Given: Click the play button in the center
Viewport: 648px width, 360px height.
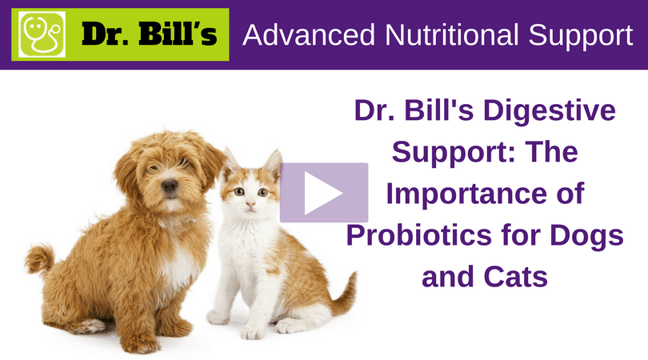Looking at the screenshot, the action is (x=324, y=193).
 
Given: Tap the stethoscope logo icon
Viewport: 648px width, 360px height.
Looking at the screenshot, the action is (x=42, y=34).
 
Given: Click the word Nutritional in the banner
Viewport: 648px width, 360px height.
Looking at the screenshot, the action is (x=451, y=34).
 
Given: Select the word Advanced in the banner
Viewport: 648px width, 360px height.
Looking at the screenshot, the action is (x=309, y=34).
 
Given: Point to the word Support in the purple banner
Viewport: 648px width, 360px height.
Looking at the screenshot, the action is (x=580, y=37).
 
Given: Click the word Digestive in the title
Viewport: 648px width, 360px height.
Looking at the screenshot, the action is (x=550, y=111).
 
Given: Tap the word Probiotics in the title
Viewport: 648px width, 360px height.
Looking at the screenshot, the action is (x=418, y=234).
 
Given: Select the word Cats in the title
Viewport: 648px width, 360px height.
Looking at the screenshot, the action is (x=516, y=277).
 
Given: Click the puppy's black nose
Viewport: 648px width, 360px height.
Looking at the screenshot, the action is (x=170, y=186).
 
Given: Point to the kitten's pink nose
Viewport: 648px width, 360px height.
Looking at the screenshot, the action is (x=250, y=204).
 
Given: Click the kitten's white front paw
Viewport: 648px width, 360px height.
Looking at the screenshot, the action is (x=252, y=331).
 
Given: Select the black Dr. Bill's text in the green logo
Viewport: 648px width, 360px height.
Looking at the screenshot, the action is (x=149, y=34).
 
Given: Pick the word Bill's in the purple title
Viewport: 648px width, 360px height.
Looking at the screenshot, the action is (x=439, y=110).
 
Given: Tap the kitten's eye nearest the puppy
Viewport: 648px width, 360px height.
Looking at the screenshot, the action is (x=239, y=191).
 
